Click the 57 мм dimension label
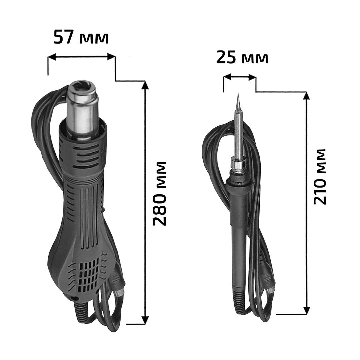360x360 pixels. [81, 37]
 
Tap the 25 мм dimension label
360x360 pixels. [242, 58]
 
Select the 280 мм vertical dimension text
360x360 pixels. [159, 194]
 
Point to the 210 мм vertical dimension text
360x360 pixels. [320, 177]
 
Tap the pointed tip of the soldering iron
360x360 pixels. [238, 94]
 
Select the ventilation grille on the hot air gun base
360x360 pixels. [89, 274]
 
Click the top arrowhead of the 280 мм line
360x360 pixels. [145, 85]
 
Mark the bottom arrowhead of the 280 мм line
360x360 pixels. [145, 320]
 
